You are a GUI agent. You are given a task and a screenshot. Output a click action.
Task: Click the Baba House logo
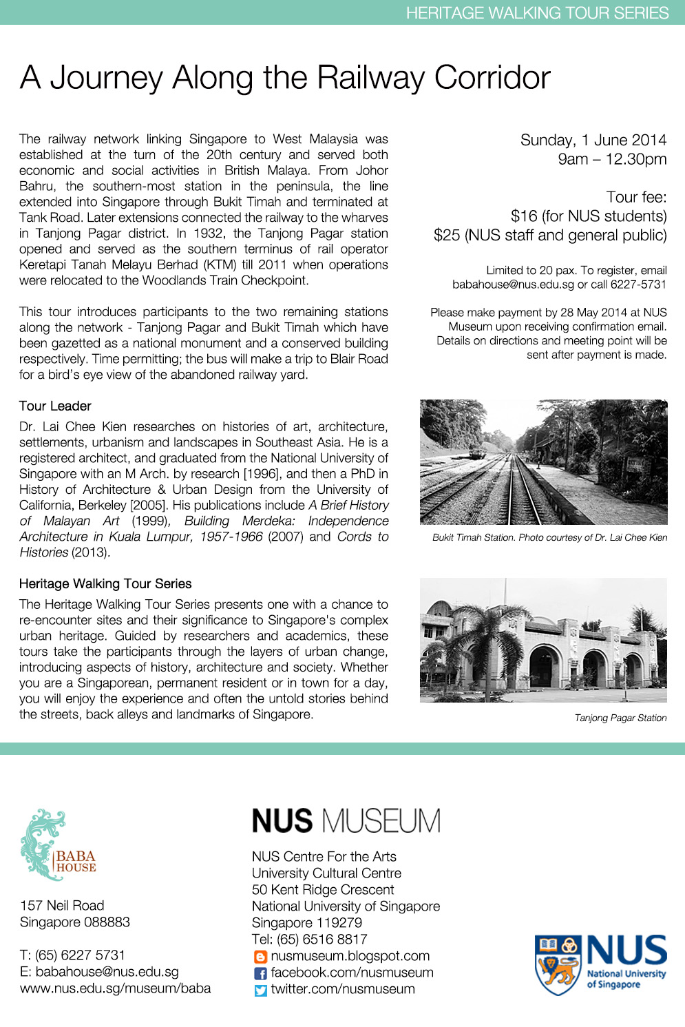point(58,845)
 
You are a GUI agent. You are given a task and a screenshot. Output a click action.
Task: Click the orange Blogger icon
point(260,957)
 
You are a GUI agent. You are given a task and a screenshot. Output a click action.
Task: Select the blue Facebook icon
point(260,973)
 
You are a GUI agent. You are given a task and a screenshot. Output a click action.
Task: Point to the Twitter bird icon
point(260,990)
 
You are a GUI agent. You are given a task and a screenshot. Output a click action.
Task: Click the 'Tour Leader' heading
point(55,406)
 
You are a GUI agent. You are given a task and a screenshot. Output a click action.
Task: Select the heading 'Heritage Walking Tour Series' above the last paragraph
point(105,584)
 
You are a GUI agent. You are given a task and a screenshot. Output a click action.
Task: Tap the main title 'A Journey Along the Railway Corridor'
point(285,77)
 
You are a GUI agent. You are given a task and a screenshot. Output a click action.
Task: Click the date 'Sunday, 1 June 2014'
point(593,141)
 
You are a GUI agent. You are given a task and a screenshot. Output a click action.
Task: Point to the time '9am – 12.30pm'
point(612,159)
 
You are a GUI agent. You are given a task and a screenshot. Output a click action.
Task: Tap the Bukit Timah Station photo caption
point(549,538)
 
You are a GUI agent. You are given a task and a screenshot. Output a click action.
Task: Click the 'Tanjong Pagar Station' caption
point(620,718)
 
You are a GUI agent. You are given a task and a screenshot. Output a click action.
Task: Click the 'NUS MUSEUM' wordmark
point(346,821)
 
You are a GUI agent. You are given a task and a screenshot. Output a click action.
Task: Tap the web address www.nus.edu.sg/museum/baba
point(116,988)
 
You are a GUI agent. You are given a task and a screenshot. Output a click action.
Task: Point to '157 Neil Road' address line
point(62,906)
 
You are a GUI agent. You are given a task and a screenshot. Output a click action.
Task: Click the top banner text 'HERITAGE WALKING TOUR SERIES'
point(537,13)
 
